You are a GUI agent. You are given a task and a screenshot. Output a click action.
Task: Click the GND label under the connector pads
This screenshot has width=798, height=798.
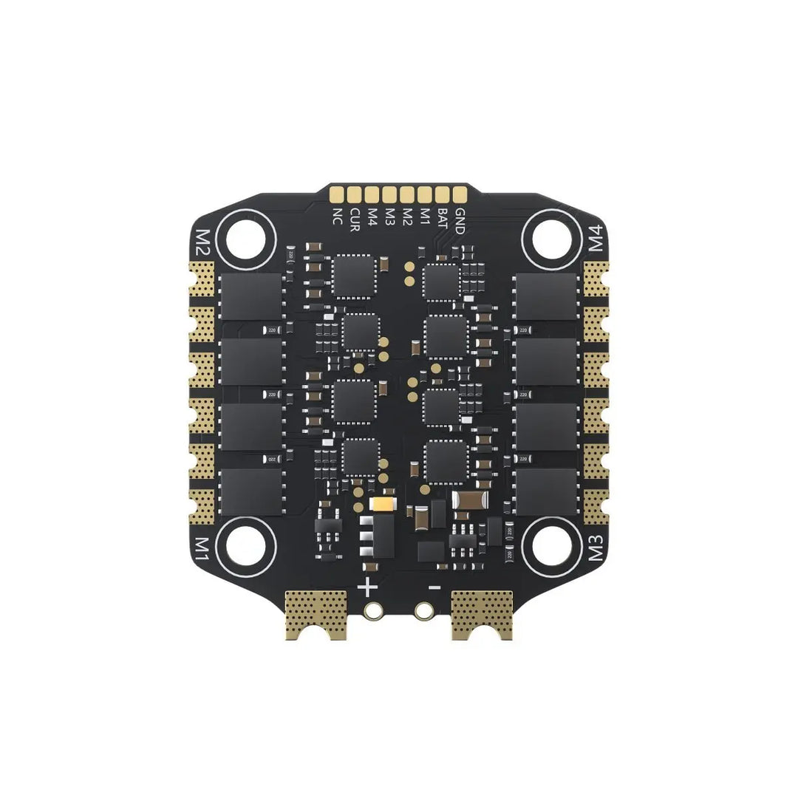point(460,221)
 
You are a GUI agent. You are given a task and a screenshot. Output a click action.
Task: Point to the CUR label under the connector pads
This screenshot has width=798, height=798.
point(355,219)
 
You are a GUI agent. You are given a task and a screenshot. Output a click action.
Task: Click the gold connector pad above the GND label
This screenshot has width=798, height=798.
point(460,194)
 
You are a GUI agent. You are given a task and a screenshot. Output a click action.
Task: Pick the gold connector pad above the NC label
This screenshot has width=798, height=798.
point(338,194)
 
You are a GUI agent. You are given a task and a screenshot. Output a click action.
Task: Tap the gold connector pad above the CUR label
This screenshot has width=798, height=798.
point(355,194)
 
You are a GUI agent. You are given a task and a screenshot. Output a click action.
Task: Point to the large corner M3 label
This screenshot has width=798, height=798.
point(597,548)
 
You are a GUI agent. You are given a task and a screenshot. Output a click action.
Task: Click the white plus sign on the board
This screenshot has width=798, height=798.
point(367,588)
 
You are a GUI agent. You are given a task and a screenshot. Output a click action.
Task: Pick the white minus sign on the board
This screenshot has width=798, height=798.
point(435,588)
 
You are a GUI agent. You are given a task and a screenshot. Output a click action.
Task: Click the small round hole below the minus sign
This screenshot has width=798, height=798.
point(424,611)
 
